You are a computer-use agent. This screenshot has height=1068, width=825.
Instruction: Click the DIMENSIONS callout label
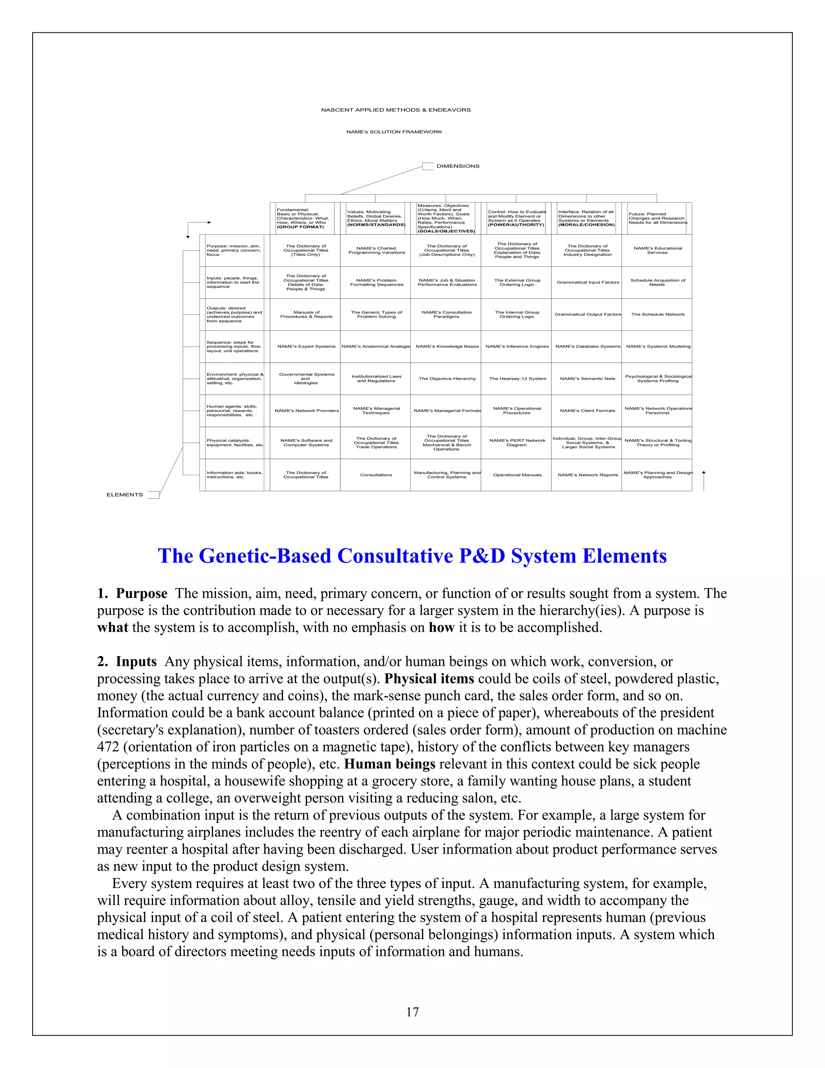[458, 166]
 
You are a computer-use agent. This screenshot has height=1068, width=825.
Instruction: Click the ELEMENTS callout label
[124, 495]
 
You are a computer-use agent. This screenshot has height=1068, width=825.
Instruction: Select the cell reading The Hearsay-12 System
[517, 378]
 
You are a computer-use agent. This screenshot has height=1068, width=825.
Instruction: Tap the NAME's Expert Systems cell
[307, 346]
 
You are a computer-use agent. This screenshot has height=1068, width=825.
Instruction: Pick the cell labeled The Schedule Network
[657, 314]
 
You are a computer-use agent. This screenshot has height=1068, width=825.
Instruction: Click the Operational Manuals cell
[517, 475]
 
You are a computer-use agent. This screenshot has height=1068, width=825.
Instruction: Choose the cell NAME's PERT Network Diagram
[517, 443]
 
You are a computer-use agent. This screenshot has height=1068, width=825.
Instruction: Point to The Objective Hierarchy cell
[447, 378]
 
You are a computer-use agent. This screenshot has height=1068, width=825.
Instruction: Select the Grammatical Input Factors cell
[587, 282]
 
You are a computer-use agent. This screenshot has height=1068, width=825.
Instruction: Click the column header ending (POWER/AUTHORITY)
[516, 218]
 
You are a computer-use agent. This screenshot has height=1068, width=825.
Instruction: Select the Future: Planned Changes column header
[657, 218]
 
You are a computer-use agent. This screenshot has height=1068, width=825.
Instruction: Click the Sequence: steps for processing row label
[234, 346]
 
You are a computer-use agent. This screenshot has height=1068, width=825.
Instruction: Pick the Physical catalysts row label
[234, 443]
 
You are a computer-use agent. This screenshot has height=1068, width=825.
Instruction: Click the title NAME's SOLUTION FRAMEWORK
[394, 131]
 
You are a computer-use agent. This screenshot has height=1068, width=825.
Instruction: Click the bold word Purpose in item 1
[141, 594]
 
